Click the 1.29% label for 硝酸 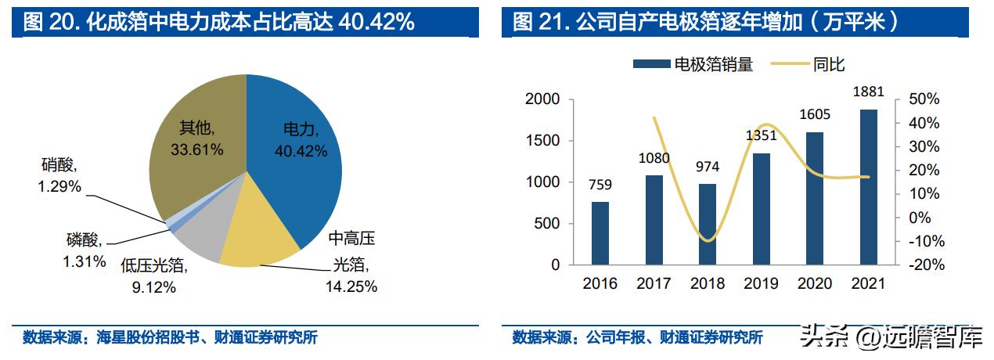tap(60, 188)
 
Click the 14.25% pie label tap(351, 286)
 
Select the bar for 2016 tap(600, 233)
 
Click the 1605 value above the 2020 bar tap(815, 115)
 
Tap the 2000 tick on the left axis tap(543, 99)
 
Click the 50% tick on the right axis tap(924, 99)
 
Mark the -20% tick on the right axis tap(924, 265)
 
